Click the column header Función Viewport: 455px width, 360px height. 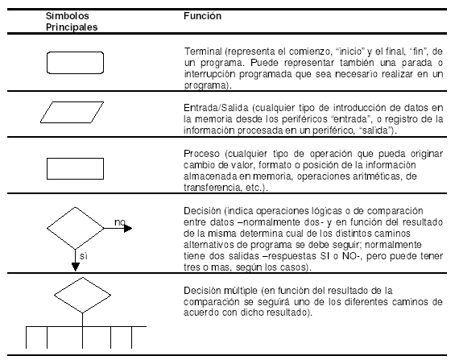tap(202, 15)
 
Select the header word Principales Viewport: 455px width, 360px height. tap(72, 27)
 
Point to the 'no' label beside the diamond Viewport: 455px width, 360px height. tap(120, 222)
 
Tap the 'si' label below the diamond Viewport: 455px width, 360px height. tap(84, 256)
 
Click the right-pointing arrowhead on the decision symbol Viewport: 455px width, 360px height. tap(128, 229)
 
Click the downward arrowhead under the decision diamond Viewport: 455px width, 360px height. tap(76, 267)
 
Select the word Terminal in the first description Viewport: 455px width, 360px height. tap(203, 52)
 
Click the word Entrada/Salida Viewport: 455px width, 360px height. tap(216, 108)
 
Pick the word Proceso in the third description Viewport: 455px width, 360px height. tap(201, 154)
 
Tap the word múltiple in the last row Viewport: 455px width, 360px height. tap(241, 291)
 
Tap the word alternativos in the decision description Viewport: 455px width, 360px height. tap(209, 245)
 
